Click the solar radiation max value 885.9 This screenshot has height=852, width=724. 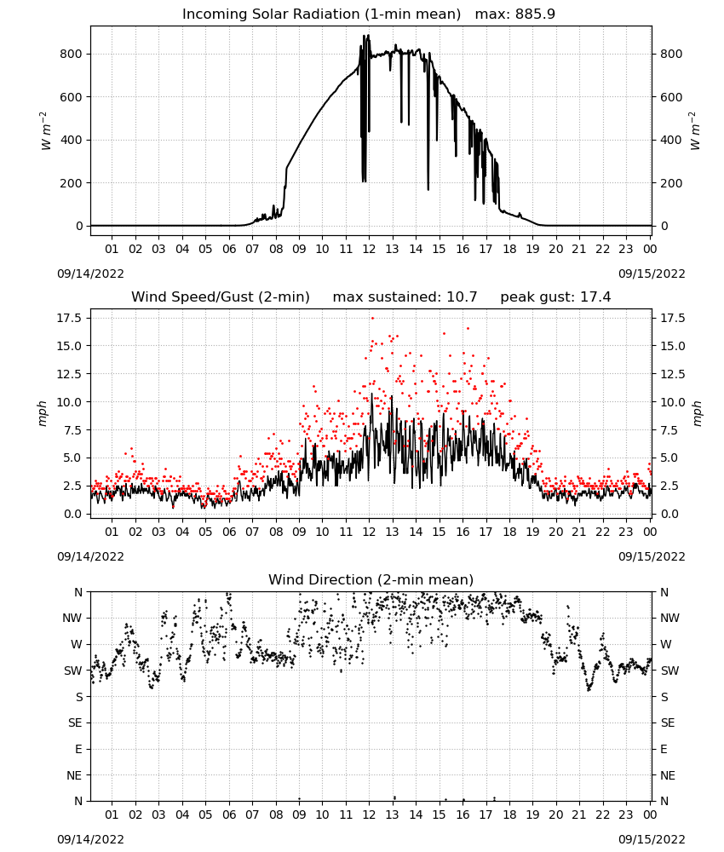click(535, 14)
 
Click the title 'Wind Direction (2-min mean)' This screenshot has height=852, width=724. click(371, 579)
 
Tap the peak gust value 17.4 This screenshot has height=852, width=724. click(595, 296)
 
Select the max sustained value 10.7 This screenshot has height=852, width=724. click(462, 296)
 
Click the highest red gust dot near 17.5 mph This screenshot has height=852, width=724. click(372, 318)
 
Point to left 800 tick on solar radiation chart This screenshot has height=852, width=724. click(72, 54)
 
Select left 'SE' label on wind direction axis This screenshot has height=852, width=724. click(75, 722)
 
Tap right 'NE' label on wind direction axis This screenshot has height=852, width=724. click(668, 775)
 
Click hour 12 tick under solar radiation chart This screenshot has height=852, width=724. click(370, 249)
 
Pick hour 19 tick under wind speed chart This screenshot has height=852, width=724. click(533, 532)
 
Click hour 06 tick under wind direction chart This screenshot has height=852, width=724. click(229, 815)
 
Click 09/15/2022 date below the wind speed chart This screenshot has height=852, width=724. click(652, 556)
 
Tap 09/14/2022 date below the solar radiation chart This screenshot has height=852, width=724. click(90, 273)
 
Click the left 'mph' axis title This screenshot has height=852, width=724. click(43, 413)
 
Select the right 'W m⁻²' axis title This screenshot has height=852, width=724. click(696, 130)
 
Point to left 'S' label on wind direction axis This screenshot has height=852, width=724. click(78, 697)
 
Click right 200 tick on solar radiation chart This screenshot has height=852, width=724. click(671, 183)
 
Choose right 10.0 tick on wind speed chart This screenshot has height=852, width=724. click(673, 402)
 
